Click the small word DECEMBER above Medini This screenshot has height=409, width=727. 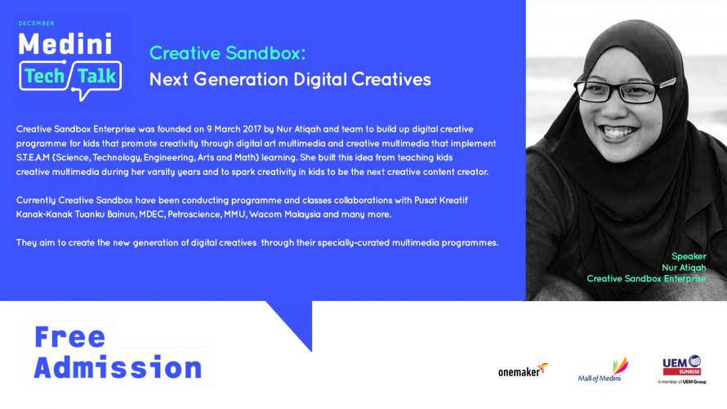[x=36, y=23]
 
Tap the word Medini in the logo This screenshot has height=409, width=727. [x=65, y=44]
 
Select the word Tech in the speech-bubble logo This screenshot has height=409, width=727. [x=44, y=76]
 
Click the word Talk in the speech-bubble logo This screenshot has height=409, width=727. [x=96, y=76]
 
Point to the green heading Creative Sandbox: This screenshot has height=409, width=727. [x=228, y=53]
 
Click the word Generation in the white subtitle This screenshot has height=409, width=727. [x=241, y=79]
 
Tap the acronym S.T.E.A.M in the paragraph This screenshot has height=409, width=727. [x=33, y=157]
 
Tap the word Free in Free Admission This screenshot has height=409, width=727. [x=70, y=336]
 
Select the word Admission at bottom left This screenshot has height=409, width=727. [x=118, y=367]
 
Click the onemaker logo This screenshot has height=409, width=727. [x=523, y=370]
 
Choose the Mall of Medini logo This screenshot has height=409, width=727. [x=603, y=370]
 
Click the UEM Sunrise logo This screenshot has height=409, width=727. [x=681, y=369]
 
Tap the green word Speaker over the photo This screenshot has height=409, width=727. [x=689, y=256]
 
